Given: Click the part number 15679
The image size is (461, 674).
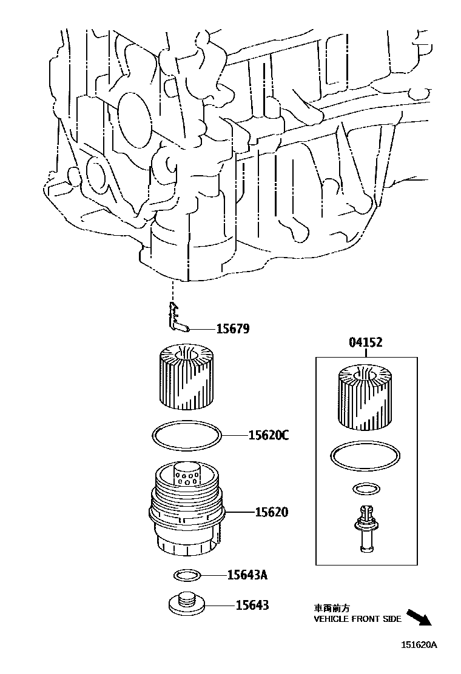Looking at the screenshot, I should pos(233,329).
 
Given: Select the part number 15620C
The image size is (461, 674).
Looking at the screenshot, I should pos(268,435).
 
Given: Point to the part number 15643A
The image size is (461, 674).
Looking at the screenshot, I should pos(247,575).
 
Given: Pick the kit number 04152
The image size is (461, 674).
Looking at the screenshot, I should pos(365,343).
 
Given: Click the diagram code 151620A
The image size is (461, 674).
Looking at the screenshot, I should pos(418,645).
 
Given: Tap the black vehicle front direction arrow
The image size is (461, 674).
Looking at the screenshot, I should pos(419,618).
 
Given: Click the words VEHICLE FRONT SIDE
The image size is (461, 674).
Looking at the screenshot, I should pos(357,619).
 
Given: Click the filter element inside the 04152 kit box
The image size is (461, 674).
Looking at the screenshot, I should pos(363,397).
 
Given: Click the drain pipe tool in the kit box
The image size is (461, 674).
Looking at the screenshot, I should pos(365,527).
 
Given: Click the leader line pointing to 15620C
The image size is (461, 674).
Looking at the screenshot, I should pos(234,435).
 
